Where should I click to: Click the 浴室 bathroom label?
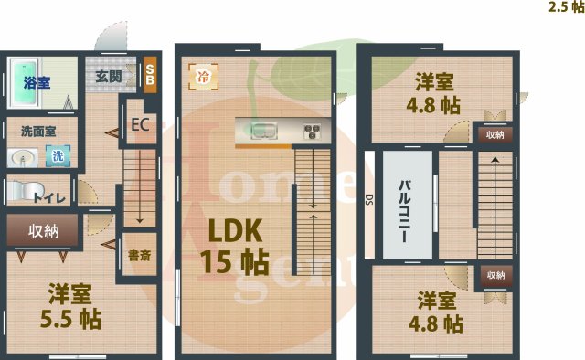point(37,82)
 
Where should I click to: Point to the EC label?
point(140,124)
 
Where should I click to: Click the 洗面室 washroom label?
point(33,130)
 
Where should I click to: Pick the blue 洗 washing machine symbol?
point(58,156)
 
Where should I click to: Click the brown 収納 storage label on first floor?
point(43,230)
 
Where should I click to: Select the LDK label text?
point(232,228)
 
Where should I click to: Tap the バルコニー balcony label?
point(403,210)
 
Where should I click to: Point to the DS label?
point(368,200)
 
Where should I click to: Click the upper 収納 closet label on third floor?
point(494,134)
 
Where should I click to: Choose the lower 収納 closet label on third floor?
point(494,274)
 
